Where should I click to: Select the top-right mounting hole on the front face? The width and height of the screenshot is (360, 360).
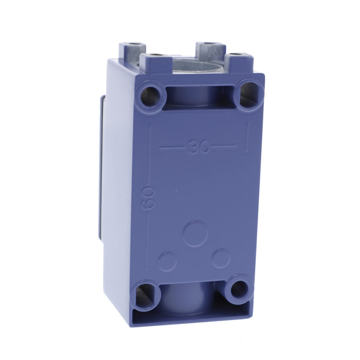click(x=249, y=93)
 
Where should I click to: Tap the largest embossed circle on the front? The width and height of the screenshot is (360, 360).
click(x=195, y=234)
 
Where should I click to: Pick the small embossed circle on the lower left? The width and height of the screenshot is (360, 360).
click(x=167, y=262)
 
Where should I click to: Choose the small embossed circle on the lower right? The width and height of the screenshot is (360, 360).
click(x=221, y=258)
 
